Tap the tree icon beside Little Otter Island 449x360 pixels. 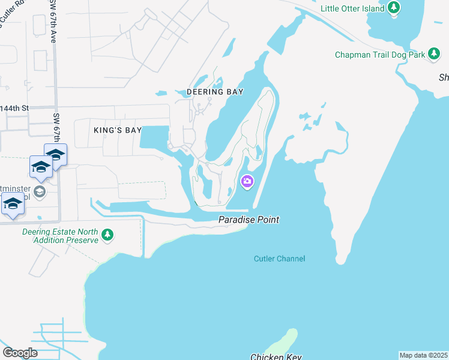point(394,8)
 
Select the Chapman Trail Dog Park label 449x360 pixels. point(380,55)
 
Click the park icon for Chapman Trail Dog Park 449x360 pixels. point(435,55)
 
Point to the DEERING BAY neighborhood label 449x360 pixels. point(215,92)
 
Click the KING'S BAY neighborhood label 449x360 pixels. point(117,130)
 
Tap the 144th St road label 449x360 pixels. point(14,109)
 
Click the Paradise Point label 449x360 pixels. point(248,220)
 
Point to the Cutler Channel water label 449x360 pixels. point(279,259)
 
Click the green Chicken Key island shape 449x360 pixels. point(282,342)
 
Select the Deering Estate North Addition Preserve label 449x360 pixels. point(59,236)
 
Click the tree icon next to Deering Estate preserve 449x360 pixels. point(107,235)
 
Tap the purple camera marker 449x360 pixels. point(247,181)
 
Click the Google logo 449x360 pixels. point(20,353)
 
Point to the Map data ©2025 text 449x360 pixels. point(424,355)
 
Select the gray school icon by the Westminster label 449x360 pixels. point(40,192)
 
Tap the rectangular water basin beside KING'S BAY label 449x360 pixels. point(154,137)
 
